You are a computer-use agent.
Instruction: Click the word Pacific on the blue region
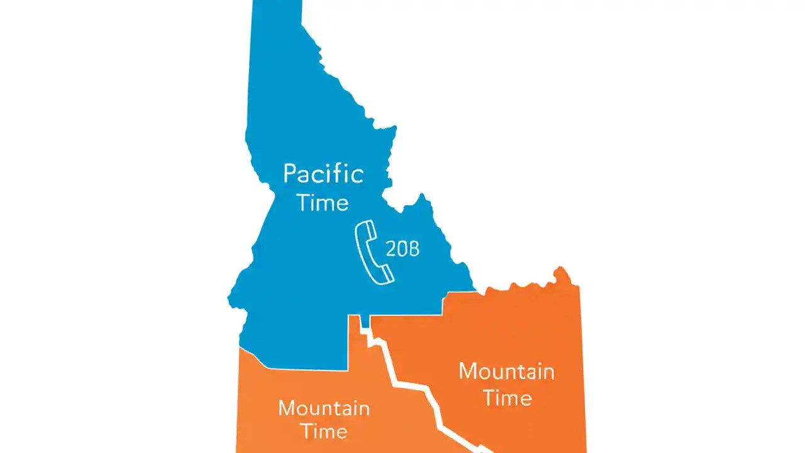323,173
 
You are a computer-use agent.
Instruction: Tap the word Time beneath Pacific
323,203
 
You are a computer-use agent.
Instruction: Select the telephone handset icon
374,252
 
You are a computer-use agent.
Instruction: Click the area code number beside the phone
402,250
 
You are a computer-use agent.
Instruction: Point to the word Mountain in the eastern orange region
506,371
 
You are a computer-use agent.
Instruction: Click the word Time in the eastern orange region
506,398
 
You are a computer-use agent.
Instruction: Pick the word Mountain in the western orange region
324,408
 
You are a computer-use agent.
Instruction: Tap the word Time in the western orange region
324,432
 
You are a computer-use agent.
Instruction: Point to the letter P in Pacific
290,173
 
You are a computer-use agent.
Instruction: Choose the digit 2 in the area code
390,250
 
